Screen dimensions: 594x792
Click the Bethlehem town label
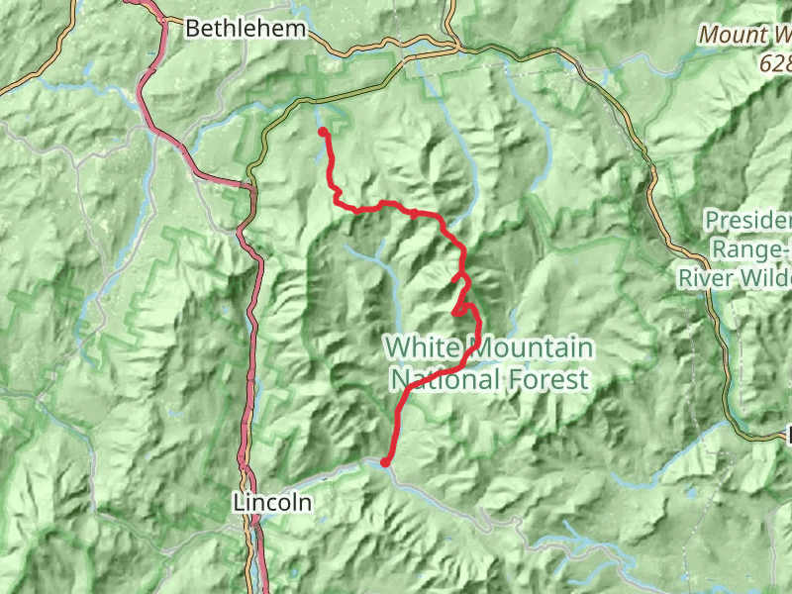click(x=246, y=29)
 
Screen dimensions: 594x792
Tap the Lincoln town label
click(x=272, y=503)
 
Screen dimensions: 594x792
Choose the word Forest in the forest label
click(x=552, y=378)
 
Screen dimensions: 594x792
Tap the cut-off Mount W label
click(x=745, y=35)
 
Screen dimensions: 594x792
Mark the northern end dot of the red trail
click(x=323, y=132)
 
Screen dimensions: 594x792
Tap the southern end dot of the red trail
click(x=385, y=461)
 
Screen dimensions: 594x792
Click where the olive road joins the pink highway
click(x=247, y=184)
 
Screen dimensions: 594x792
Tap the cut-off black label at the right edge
click(x=789, y=433)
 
